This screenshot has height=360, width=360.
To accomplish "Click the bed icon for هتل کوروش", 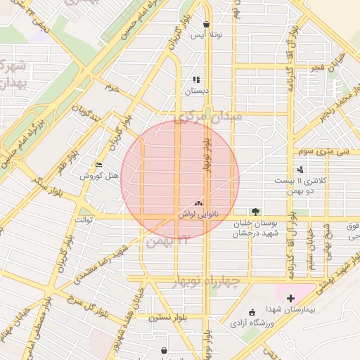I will [x=98, y=165].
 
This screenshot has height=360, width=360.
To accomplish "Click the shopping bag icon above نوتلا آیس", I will [x=206, y=23].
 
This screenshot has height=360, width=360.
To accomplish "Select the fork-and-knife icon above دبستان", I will [x=196, y=79].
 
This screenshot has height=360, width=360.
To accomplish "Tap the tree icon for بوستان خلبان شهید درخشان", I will [x=255, y=212].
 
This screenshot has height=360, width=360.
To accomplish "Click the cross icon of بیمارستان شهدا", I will [x=290, y=298].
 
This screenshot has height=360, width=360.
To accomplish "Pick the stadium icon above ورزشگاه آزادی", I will [x=252, y=312].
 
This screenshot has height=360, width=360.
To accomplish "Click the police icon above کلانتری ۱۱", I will [x=301, y=169].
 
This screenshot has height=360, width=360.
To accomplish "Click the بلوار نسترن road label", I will [x=165, y=317].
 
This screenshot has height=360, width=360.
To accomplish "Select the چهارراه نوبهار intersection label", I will [x=207, y=281].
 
